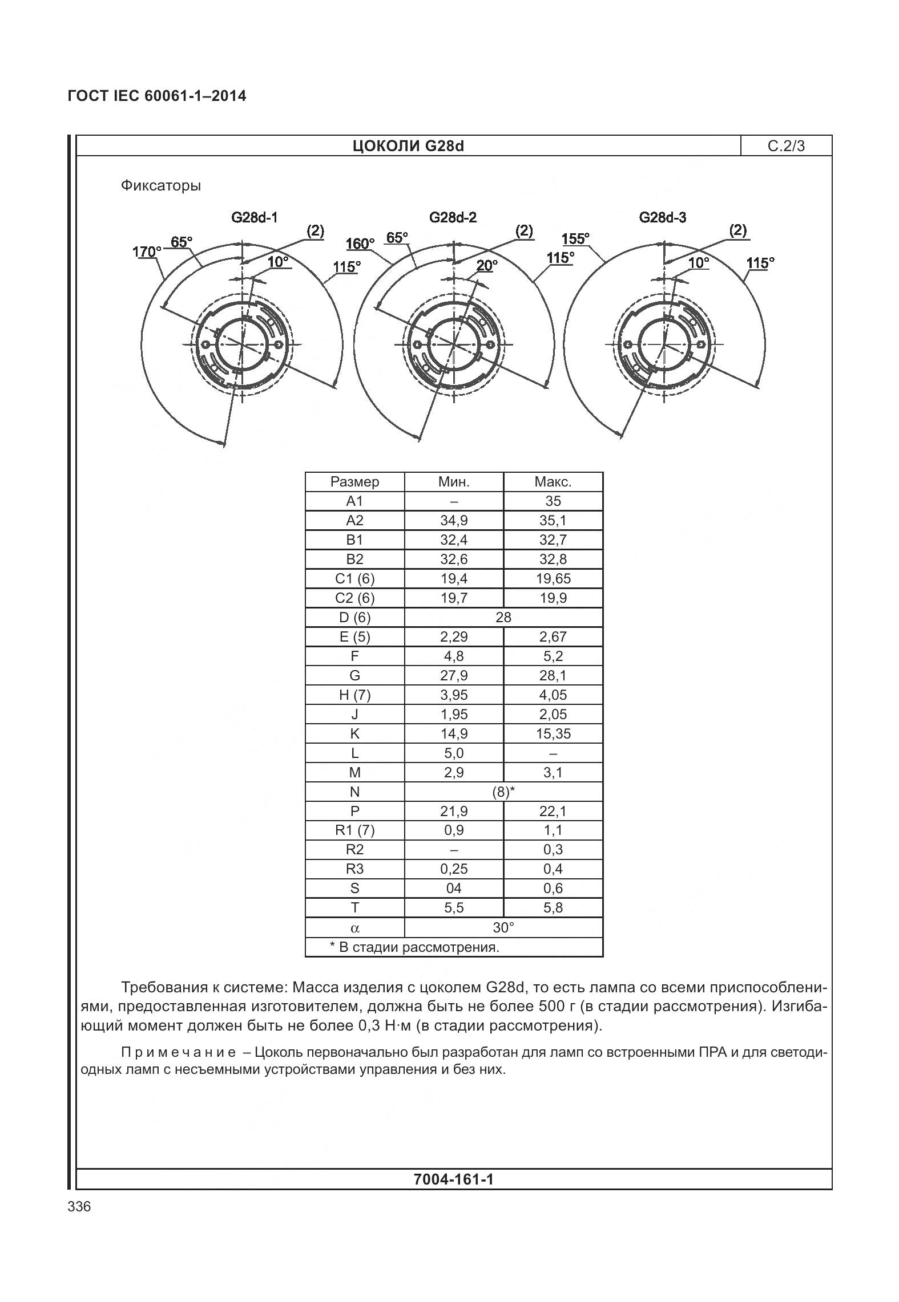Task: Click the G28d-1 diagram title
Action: pyautogui.click(x=254, y=217)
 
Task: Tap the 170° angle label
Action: pyautogui.click(x=147, y=252)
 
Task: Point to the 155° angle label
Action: pyautogui.click(x=575, y=238)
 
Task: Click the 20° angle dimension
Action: pyautogui.click(x=487, y=265)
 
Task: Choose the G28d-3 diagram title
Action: pyautogui.click(x=662, y=217)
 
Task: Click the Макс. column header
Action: pyautogui.click(x=553, y=482)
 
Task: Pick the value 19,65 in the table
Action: pyautogui.click(x=553, y=579)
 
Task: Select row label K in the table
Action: pyautogui.click(x=354, y=734)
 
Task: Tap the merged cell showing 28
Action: pyautogui.click(x=503, y=618)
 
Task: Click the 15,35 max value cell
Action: pyautogui.click(x=553, y=734)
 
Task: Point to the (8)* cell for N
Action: pyautogui.click(x=503, y=792)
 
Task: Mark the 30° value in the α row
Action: pyautogui.click(x=503, y=928)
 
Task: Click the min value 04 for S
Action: pyautogui.click(x=454, y=889)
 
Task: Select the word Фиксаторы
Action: pyautogui.click(x=160, y=186)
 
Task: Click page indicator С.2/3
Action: pyautogui.click(x=786, y=147)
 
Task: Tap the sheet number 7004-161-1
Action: pyautogui.click(x=453, y=1179)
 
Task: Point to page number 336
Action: pyautogui.click(x=79, y=1207)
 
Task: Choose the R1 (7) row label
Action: pyautogui.click(x=354, y=831)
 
